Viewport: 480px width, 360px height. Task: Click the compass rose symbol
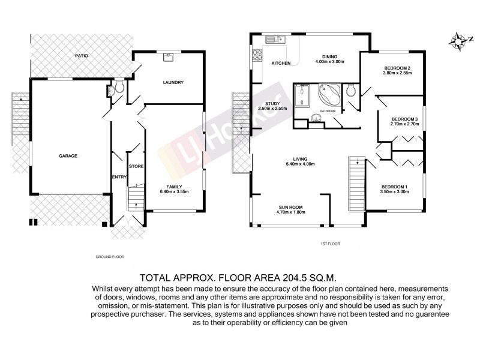[460, 41]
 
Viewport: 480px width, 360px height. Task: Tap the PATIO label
[82, 55]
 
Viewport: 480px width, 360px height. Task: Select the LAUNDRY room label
[172, 83]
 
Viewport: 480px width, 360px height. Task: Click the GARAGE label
[67, 155]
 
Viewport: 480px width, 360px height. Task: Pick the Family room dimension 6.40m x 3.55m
[174, 192]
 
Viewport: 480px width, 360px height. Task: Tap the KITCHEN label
[281, 63]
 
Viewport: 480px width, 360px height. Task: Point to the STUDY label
[265, 103]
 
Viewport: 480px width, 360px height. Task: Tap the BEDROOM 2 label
[397, 69]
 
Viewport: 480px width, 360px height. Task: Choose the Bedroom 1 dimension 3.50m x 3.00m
[394, 193]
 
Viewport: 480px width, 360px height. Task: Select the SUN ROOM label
[289, 207]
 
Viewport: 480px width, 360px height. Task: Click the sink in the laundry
[169, 58]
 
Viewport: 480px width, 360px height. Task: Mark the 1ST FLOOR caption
[331, 245]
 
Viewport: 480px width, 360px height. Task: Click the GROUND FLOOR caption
[110, 256]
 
